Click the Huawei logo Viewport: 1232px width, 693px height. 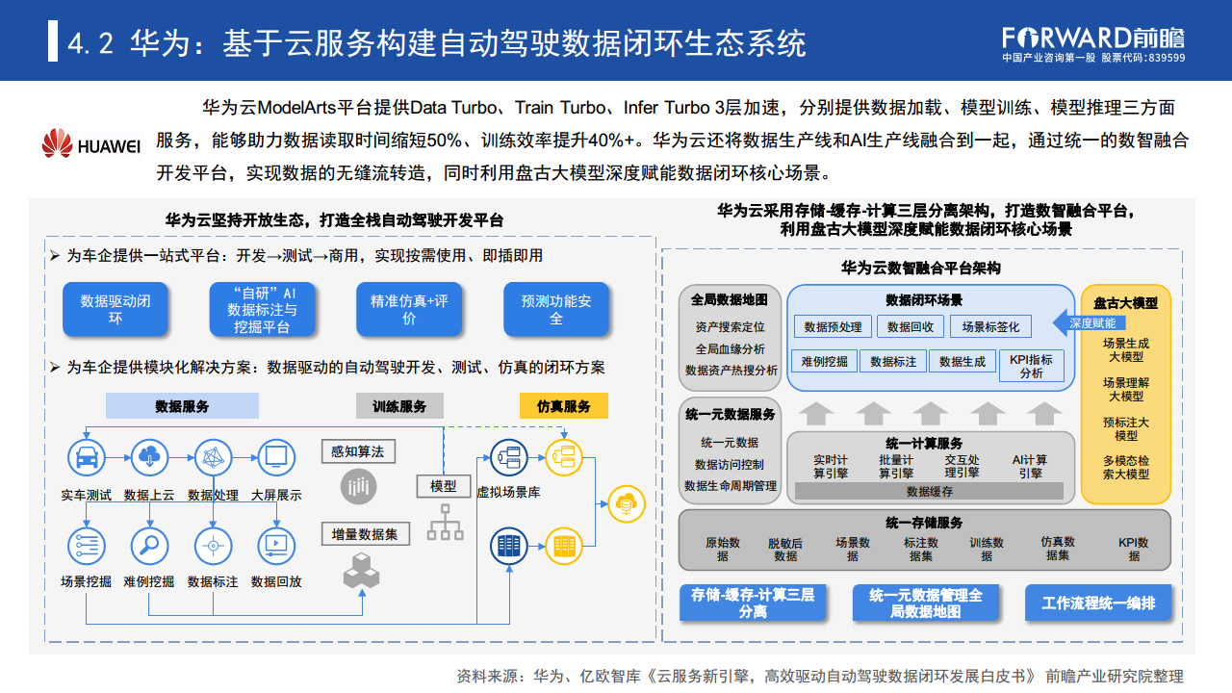coord(91,144)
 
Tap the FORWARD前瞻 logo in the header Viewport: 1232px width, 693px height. coord(1093,38)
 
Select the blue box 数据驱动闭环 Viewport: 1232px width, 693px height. coord(115,309)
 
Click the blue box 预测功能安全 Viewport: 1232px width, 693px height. coord(556,309)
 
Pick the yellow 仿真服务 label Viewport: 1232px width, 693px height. coord(564,406)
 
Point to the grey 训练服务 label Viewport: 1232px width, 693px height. coord(399,406)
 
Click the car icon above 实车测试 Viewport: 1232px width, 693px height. coord(86,457)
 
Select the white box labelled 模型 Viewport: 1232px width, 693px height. coord(444,486)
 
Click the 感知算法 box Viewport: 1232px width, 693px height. coord(358,451)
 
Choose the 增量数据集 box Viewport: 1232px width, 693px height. coord(358,533)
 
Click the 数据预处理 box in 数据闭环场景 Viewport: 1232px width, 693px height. coord(833,327)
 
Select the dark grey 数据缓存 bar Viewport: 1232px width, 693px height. coord(929,491)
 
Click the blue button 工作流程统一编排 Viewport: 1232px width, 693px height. coord(1097,603)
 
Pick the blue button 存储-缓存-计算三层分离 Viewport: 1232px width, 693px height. coord(753,603)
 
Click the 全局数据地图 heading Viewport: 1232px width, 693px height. coord(730,299)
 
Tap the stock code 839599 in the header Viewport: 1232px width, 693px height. coord(1168,58)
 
